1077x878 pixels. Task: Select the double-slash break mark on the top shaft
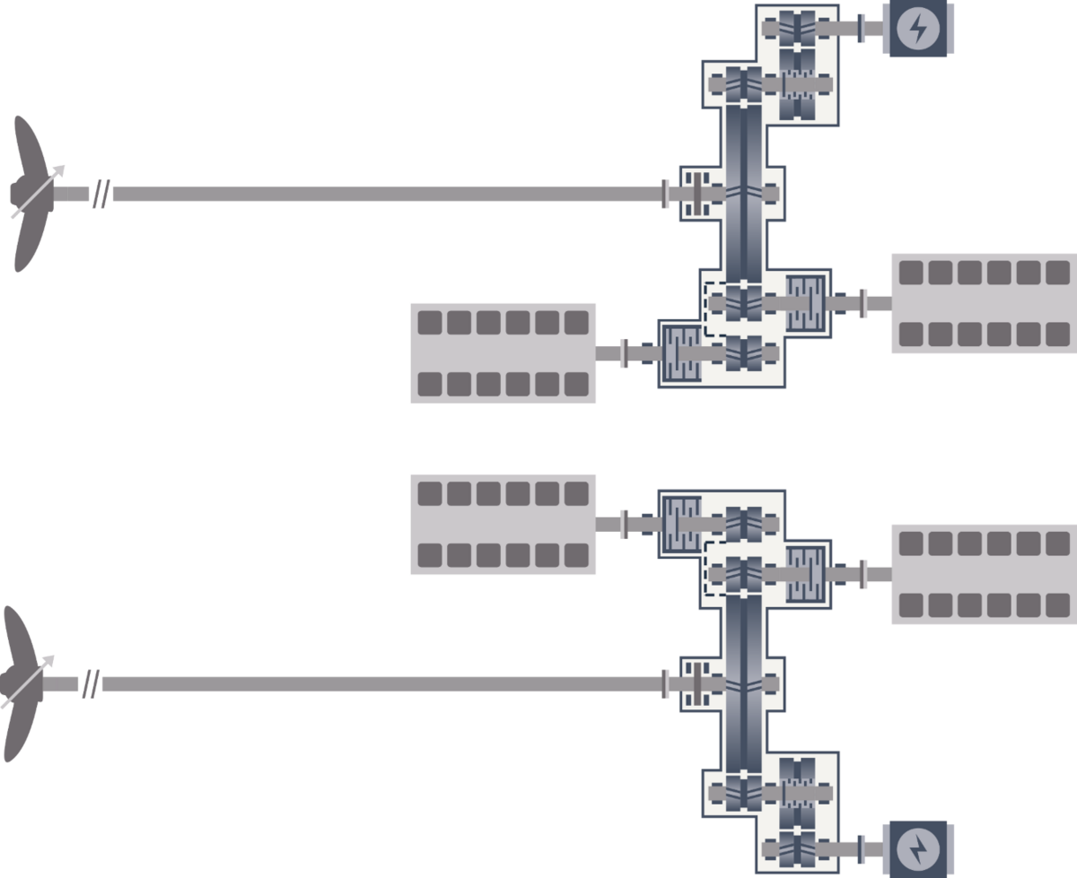101,194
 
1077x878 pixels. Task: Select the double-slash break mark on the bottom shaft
91,684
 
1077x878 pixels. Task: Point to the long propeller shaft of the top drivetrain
386,194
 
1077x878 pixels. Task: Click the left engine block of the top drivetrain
503,353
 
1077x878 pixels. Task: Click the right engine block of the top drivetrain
984,303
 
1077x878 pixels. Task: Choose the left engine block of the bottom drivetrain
503,524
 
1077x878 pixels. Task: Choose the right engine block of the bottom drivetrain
984,574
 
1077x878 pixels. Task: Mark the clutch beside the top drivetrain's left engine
679,353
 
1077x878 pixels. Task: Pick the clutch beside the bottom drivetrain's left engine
679,524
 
